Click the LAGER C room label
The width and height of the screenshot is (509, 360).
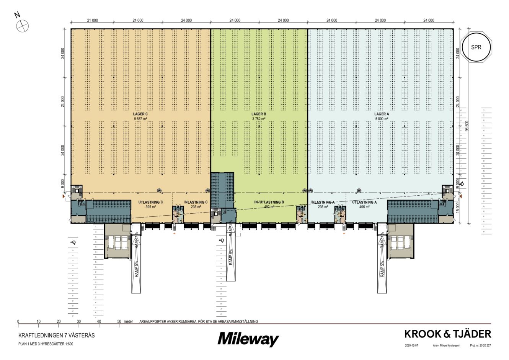[140, 114]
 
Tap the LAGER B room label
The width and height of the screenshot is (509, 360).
[258, 114]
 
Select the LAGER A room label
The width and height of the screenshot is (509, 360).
[381, 114]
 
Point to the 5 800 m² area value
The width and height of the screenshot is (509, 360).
[381, 119]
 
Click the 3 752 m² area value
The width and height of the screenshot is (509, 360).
[258, 119]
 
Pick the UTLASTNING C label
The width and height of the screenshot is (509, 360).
[150, 202]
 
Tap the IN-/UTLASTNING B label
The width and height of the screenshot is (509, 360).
[269, 202]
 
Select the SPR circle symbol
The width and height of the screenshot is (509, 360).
[476, 47]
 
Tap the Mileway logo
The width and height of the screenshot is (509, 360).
[248, 339]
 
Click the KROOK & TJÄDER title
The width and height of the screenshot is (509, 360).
[447, 334]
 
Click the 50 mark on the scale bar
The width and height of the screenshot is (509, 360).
[119, 321]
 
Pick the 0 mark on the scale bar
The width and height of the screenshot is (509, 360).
[18, 321]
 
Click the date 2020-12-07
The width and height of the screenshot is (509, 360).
[411, 345]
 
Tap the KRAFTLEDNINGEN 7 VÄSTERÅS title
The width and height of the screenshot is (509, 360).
[56, 335]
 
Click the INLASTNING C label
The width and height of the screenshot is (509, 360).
[196, 202]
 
